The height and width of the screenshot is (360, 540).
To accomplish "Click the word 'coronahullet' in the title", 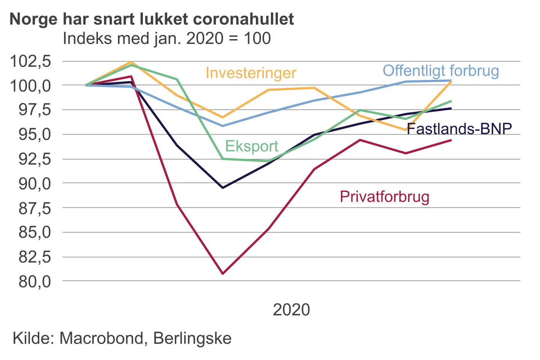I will pyautogui.click(x=245, y=19).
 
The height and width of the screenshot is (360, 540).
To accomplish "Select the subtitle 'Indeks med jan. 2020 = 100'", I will pyautogui.click(x=167, y=38).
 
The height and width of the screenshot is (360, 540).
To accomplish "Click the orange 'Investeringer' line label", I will pyautogui.click(x=251, y=73).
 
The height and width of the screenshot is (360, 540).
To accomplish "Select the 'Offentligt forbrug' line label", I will pyautogui.click(x=441, y=71).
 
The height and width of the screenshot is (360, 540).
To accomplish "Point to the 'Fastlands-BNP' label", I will pyautogui.click(x=459, y=129).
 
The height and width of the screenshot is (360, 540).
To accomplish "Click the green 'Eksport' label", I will pyautogui.click(x=252, y=146).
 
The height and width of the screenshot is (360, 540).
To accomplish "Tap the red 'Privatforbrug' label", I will pyautogui.click(x=384, y=197).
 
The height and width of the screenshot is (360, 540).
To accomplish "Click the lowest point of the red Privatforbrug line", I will pyautogui.click(x=223, y=274).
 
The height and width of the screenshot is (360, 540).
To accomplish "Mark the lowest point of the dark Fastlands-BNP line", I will pyautogui.click(x=223, y=187).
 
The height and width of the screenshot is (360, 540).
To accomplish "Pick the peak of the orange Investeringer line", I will pyautogui.click(x=131, y=62).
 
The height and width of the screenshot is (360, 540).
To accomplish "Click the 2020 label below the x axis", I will pyautogui.click(x=291, y=310).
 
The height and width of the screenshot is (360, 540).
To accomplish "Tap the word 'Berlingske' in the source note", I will pyautogui.click(x=192, y=338).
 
